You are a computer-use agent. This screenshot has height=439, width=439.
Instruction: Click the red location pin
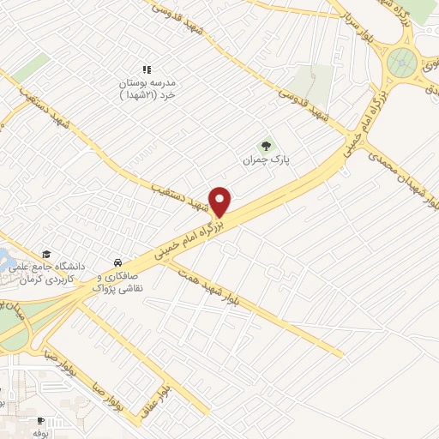[221, 201]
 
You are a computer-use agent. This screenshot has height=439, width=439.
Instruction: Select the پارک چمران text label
[264, 160]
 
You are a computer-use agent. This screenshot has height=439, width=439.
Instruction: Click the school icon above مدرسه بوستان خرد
[145, 69]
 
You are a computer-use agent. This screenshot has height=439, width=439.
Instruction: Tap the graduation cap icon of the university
[46, 255]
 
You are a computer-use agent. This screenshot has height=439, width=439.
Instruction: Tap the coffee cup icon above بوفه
[40, 420]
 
